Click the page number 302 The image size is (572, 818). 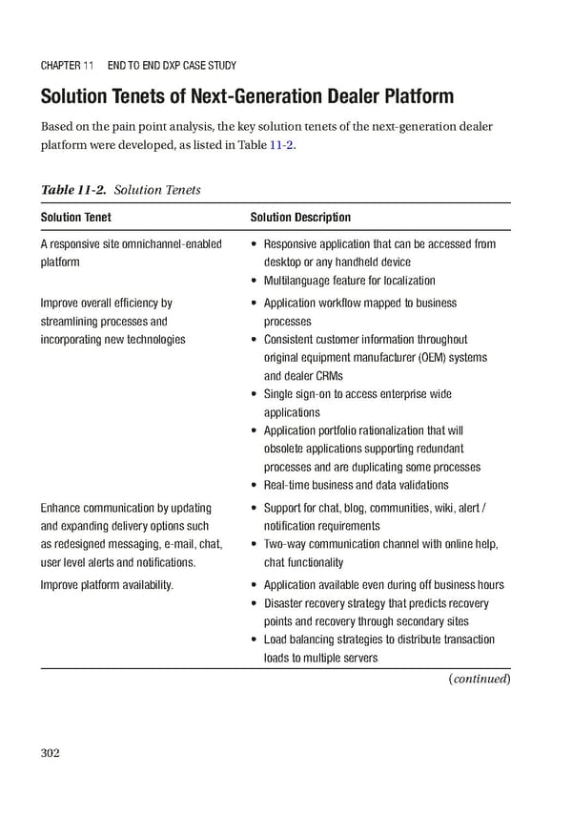pyautogui.click(x=51, y=753)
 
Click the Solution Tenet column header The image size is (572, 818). pyautogui.click(x=75, y=218)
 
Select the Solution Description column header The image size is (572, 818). pyautogui.click(x=300, y=218)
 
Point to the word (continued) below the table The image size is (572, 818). pyautogui.click(x=480, y=679)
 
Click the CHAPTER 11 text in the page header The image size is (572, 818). pyautogui.click(x=67, y=66)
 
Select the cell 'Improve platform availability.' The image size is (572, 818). pyautogui.click(x=107, y=585)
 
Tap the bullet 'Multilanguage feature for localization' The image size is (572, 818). pyautogui.click(x=349, y=281)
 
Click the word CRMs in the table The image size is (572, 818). pyautogui.click(x=326, y=376)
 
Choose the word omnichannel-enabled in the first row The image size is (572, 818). pyautogui.click(x=172, y=244)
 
